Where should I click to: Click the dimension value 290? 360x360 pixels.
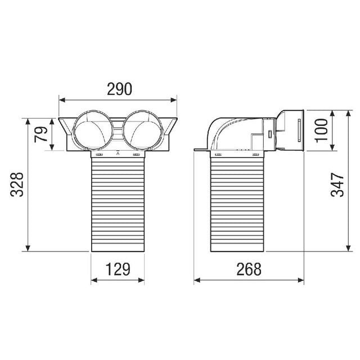[119, 89]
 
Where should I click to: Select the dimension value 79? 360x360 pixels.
[41, 134]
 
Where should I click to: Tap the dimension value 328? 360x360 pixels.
[17, 184]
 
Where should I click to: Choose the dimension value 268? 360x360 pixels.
[249, 269]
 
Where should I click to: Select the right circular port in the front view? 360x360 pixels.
[144, 129]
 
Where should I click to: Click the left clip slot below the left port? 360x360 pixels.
[100, 155]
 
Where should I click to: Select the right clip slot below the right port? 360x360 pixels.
[136, 155]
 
